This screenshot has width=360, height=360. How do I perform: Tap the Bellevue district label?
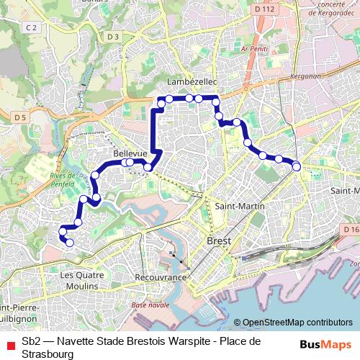pyautogui.click(x=130, y=154)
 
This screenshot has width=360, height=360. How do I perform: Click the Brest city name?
pyautogui.click(x=219, y=241)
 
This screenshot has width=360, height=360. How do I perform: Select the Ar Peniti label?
pyautogui.click(x=256, y=48)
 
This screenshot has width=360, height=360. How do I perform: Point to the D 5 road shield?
pyautogui.click(x=19, y=116)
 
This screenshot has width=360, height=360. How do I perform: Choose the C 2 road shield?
pyautogui.click(x=30, y=27)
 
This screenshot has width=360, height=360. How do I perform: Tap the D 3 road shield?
pyautogui.click(x=112, y=36)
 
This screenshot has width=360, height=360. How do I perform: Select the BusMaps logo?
pyautogui.click(x=326, y=344)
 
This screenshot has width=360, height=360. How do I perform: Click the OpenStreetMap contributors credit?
pyautogui.click(x=297, y=323)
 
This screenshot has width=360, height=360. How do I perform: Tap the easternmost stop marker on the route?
pyautogui.click(x=297, y=167)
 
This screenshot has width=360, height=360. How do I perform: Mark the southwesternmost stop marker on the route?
pyautogui.click(x=70, y=243)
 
